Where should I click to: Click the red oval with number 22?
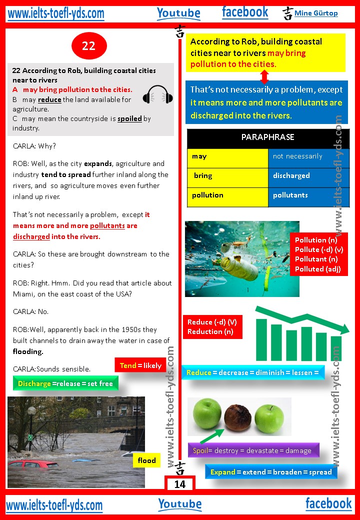[88, 46]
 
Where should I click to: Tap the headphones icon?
[157, 94]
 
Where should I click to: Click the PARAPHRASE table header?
[267, 137]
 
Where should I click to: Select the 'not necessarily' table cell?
[308, 156]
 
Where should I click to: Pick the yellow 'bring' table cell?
[227, 176]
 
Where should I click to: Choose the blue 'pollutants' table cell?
[308, 195]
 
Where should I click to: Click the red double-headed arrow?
[264, 76]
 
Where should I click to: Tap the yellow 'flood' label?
[146, 460]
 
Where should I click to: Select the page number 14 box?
[179, 484]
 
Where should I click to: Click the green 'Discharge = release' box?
[65, 383]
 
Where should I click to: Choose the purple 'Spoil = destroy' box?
[252, 450]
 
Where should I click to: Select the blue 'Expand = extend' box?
[270, 471]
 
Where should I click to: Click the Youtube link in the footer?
[180, 504]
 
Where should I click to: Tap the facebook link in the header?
[245, 12]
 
